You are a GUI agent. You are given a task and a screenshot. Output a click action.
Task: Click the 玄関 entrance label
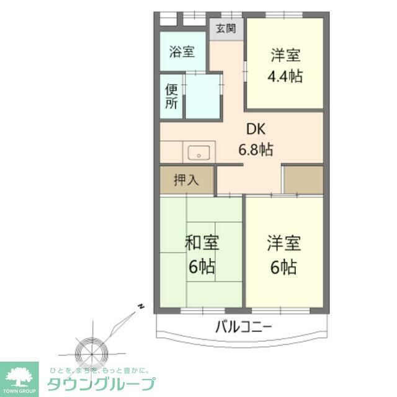tap(226, 29)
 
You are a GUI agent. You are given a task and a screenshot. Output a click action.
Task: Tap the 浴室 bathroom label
tap(182, 52)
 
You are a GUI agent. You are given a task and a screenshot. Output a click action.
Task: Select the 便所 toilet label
tap(172, 96)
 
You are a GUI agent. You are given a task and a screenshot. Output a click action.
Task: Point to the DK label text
tap(256, 130)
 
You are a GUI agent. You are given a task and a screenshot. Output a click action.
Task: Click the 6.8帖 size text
tap(256, 149)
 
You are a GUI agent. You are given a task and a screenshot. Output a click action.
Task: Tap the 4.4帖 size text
tap(285, 77)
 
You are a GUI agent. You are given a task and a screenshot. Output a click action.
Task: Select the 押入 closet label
tap(186, 180)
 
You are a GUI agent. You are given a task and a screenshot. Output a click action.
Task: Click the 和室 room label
tap(202, 243)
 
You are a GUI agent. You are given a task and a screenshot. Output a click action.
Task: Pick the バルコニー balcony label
tap(244, 326)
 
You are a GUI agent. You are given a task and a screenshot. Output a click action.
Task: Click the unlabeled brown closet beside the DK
tap(303, 180)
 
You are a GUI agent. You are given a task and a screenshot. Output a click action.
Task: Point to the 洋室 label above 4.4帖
tap(285, 56)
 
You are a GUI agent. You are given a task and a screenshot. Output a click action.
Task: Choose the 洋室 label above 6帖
tap(284, 243)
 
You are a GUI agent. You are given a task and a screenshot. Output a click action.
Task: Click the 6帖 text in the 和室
tap(202, 267)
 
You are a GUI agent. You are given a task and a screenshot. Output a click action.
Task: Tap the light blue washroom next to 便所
tap(203, 96)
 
